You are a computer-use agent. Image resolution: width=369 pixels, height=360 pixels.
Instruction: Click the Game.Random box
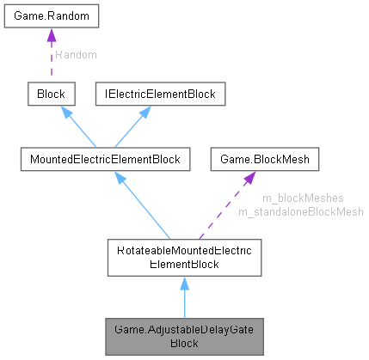50,16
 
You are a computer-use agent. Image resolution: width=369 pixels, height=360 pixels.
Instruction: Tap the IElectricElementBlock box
159,94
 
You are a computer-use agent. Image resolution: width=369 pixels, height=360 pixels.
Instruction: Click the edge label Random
75,54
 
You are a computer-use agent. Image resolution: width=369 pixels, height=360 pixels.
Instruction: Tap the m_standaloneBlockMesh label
300,211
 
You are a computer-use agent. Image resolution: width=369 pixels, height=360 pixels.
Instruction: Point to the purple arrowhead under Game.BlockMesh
248,177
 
